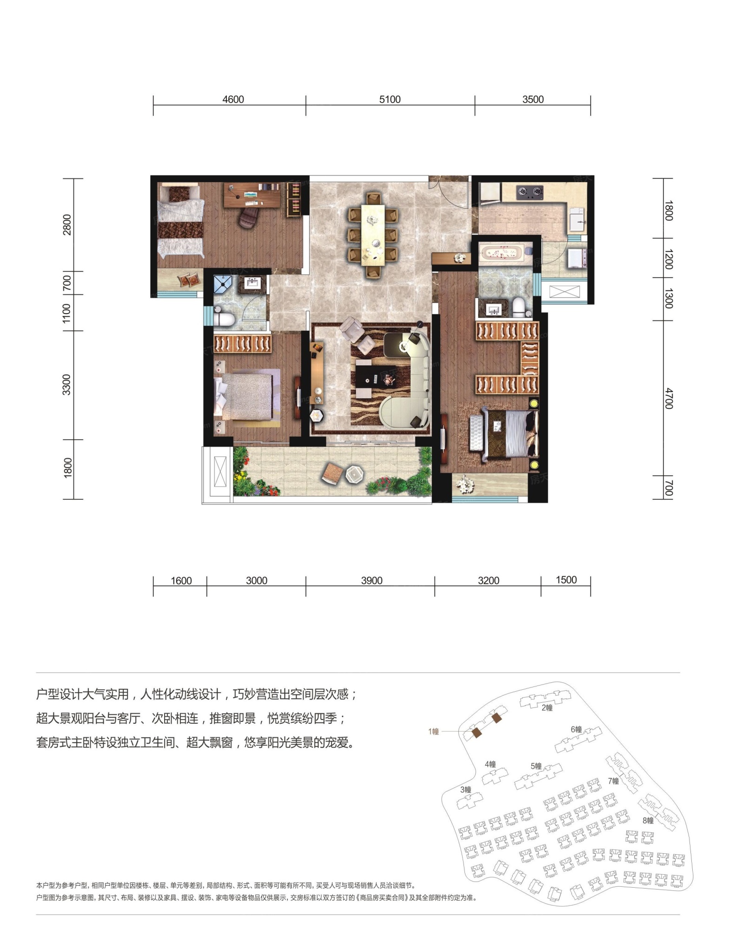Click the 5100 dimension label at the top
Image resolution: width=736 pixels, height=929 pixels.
click(x=390, y=99)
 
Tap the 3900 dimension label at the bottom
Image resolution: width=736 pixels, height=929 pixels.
click(x=371, y=581)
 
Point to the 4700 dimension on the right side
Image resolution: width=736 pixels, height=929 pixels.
click(x=668, y=399)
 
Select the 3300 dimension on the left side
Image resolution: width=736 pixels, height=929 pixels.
click(x=67, y=385)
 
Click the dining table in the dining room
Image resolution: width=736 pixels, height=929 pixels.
click(x=374, y=236)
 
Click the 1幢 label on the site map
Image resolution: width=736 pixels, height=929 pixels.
click(x=434, y=732)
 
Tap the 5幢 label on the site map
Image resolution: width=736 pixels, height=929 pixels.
click(x=536, y=766)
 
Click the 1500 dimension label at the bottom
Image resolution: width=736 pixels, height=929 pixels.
click(x=566, y=580)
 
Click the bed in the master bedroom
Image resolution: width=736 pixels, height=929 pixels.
click(x=504, y=433)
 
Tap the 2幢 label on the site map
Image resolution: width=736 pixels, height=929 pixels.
click(x=547, y=708)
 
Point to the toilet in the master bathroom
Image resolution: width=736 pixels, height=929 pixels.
click(x=519, y=308)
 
